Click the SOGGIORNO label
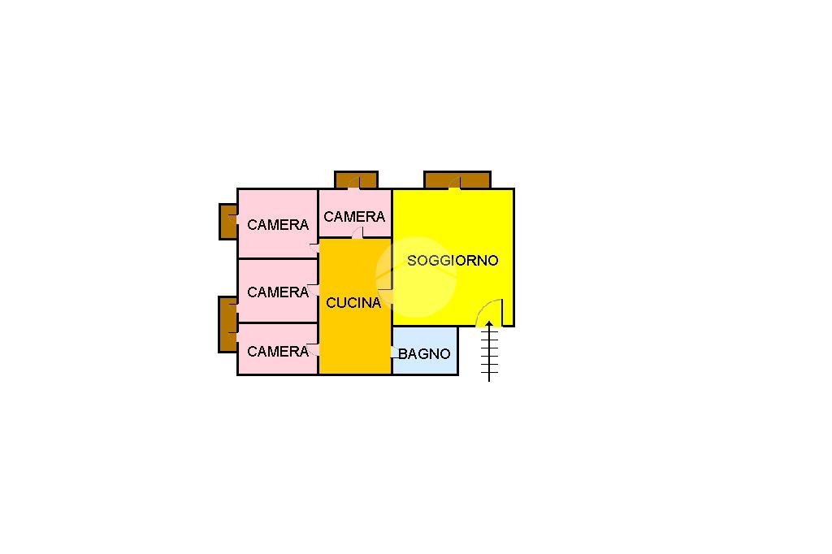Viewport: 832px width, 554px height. point(453,261)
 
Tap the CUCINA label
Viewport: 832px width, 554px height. point(353,303)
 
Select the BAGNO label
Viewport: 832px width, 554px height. point(424,354)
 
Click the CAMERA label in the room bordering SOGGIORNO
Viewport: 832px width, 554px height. point(354,217)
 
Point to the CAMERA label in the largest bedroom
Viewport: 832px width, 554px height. point(278,225)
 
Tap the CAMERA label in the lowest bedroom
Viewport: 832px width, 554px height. point(278,351)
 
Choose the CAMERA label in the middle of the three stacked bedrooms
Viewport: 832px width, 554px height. point(278,292)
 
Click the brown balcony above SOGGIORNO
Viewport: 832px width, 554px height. point(457,180)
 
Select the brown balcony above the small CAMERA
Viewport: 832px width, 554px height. point(356,180)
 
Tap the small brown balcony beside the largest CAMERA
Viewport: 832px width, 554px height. point(228,221)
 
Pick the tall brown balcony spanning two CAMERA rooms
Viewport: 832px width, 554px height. point(228,324)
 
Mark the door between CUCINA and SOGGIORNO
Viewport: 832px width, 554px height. point(385,296)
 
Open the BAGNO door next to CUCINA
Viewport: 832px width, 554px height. point(395,353)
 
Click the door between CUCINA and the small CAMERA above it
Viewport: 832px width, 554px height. point(357,233)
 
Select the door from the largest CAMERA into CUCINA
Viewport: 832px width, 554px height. point(314,247)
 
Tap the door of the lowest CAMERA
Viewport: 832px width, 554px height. point(313,349)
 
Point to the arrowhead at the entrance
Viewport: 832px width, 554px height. point(488,323)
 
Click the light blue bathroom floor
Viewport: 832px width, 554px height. point(425,351)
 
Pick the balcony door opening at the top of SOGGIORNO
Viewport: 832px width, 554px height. point(454,183)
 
